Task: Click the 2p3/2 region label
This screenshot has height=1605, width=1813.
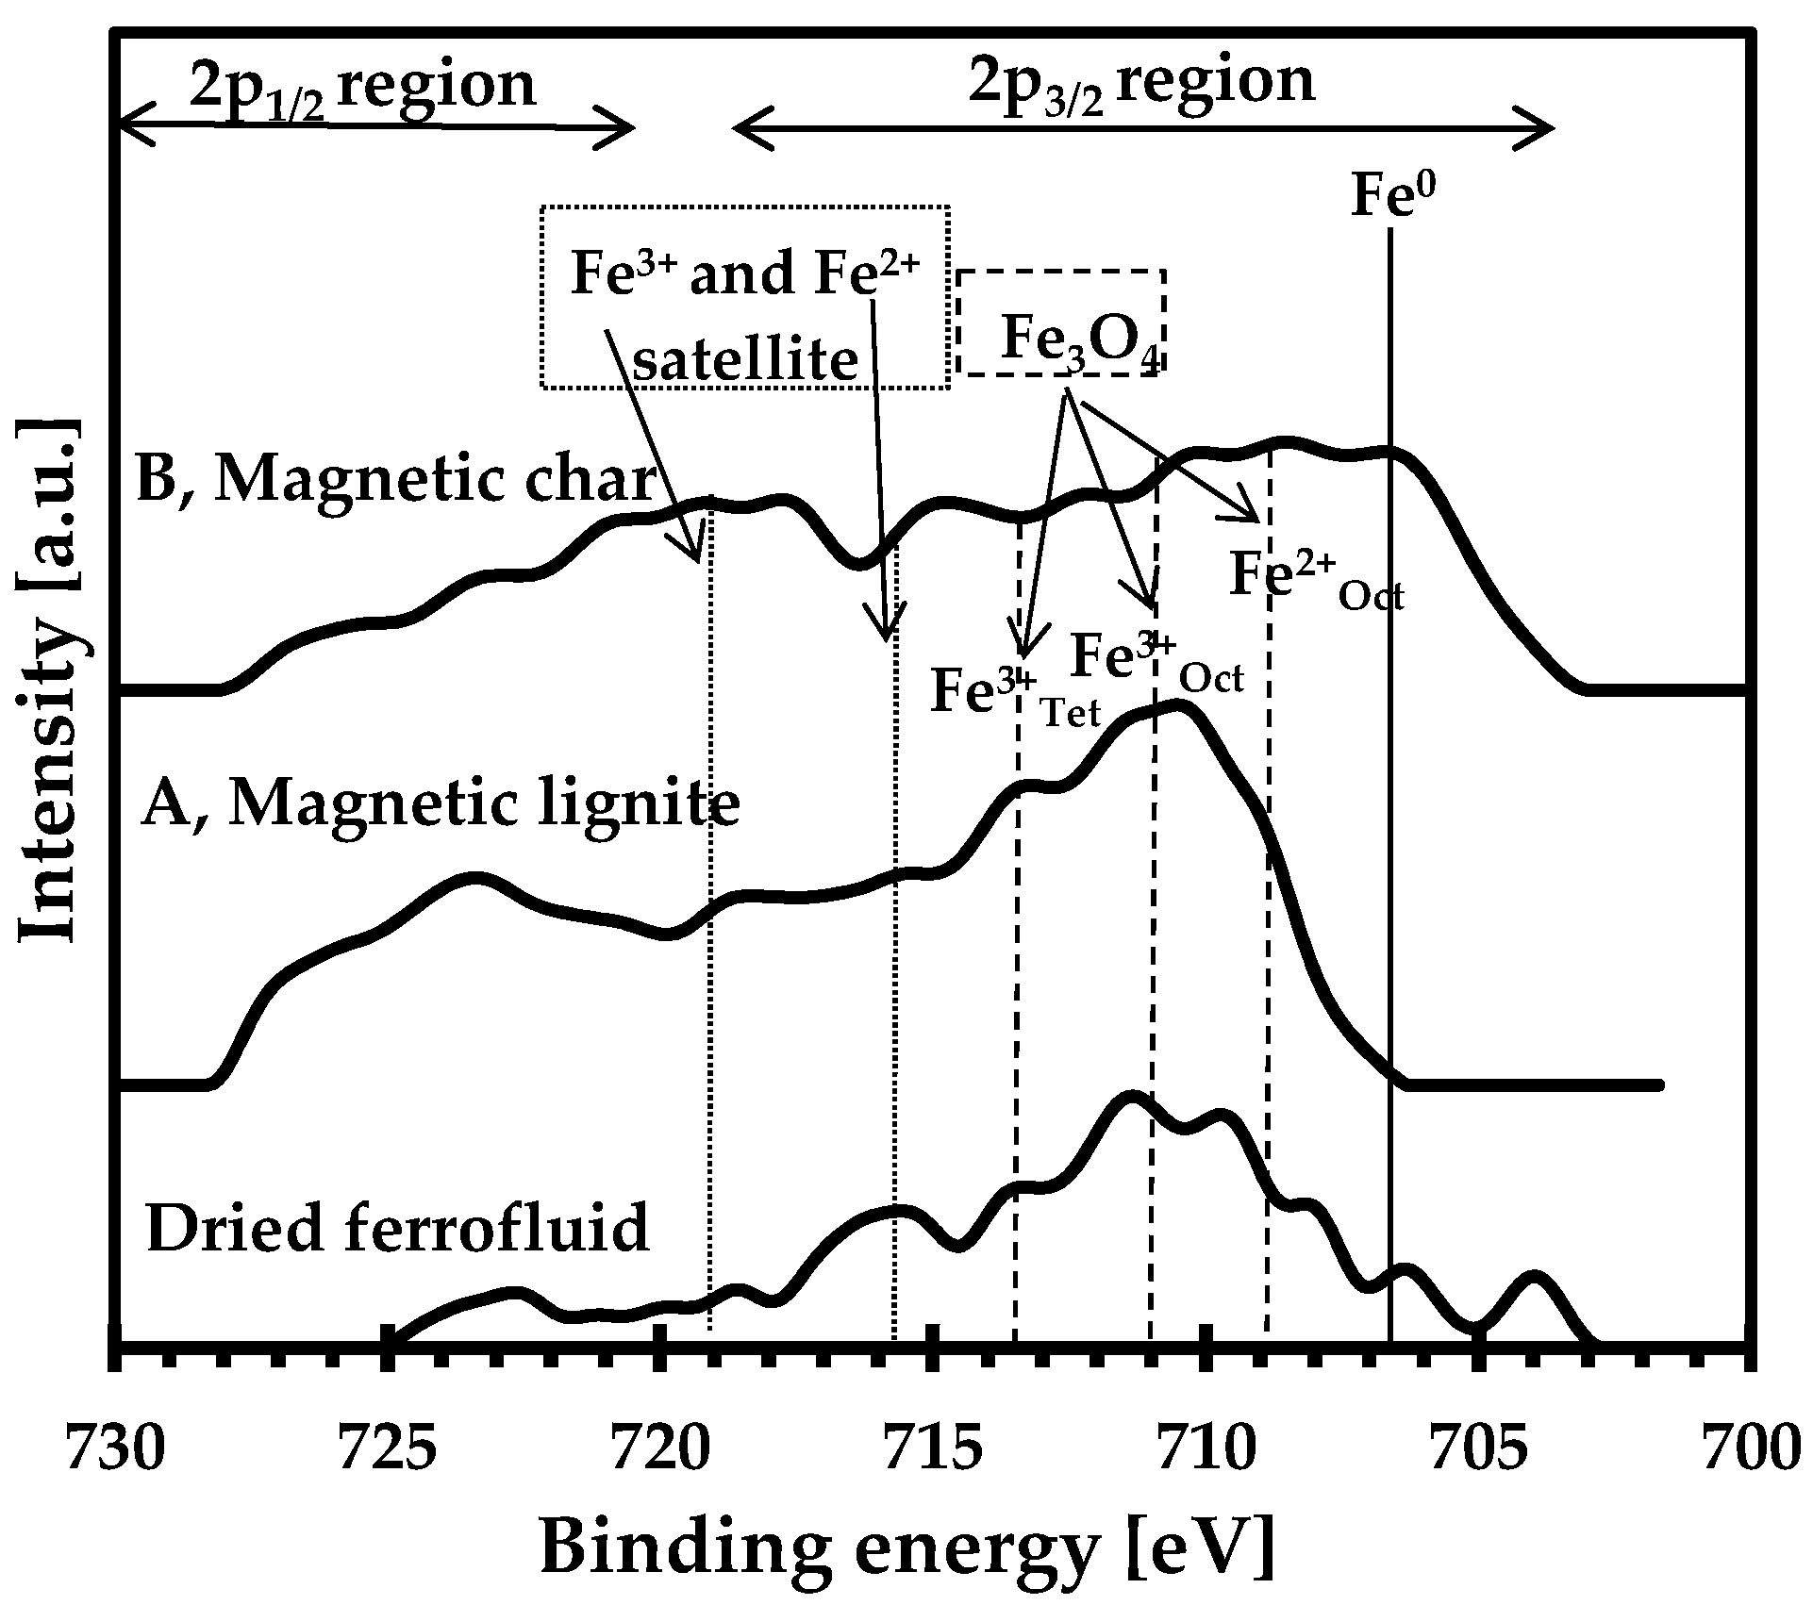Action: pos(1141,84)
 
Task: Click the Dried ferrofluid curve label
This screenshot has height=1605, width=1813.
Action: pos(397,1227)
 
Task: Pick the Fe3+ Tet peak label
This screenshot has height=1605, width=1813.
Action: pos(1014,694)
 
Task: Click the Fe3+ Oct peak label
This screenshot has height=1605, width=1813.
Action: pos(1156,660)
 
